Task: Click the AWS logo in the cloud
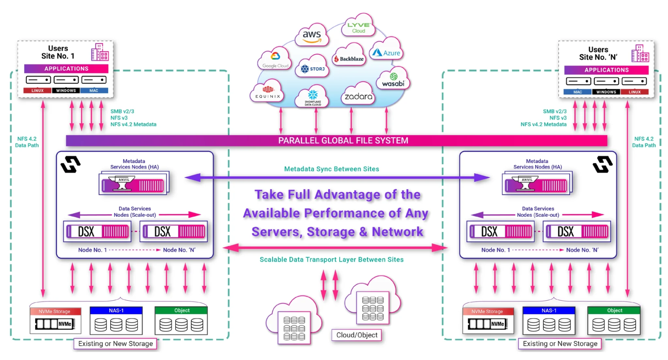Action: [x=312, y=36]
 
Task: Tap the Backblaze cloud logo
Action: [x=349, y=58]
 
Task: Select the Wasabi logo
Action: [x=393, y=80]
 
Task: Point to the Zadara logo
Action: [x=358, y=96]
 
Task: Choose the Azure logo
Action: [x=386, y=53]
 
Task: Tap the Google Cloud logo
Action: [x=275, y=60]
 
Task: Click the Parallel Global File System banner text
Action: [x=343, y=141]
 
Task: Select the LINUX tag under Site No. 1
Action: [x=37, y=91]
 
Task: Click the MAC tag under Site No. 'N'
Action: [x=577, y=92]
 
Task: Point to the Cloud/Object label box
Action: [x=357, y=335]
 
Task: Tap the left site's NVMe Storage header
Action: [x=55, y=312]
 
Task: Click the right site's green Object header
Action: [x=614, y=311]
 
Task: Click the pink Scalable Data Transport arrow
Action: [x=335, y=248]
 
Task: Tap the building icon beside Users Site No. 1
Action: [x=100, y=52]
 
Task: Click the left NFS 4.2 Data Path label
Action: [x=27, y=142]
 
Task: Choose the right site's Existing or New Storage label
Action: [x=560, y=344]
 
